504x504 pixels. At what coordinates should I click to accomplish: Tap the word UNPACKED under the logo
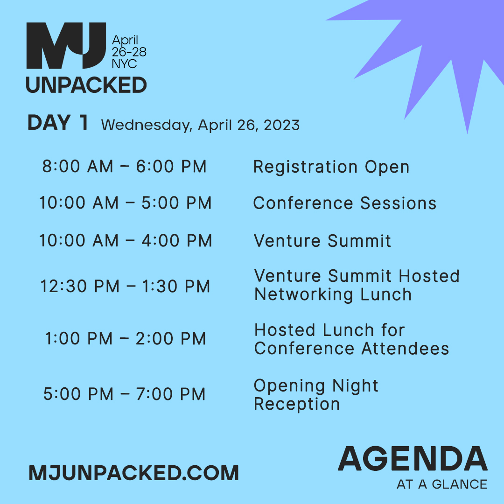pos(86,85)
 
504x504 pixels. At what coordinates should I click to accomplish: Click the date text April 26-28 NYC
pos(129,52)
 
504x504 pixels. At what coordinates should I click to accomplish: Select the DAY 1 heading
pos(58,123)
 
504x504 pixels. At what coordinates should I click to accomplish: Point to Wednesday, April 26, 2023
pos(200,125)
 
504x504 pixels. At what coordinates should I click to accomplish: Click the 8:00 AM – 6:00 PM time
pos(124,167)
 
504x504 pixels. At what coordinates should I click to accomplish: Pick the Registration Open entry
pos(331,167)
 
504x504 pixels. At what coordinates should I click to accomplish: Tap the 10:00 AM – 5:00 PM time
pos(125,203)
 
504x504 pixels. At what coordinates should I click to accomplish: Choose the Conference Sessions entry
pos(345,203)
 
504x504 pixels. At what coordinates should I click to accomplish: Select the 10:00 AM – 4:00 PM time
pos(125,240)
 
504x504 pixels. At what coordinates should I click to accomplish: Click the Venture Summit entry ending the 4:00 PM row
pos(322,240)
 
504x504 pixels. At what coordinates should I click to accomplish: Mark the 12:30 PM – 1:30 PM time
pos(125,286)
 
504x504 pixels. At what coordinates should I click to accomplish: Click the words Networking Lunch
pos(333,294)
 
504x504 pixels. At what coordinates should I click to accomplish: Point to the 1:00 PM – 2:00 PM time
pos(125,339)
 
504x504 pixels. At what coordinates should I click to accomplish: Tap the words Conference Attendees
pos(351,348)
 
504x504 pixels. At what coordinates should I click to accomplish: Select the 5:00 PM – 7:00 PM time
pos(125,394)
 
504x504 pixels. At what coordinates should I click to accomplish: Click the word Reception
pos(297,404)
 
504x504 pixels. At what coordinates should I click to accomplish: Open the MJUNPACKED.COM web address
pos(134,473)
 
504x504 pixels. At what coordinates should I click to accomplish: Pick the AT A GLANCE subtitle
pos(441,484)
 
